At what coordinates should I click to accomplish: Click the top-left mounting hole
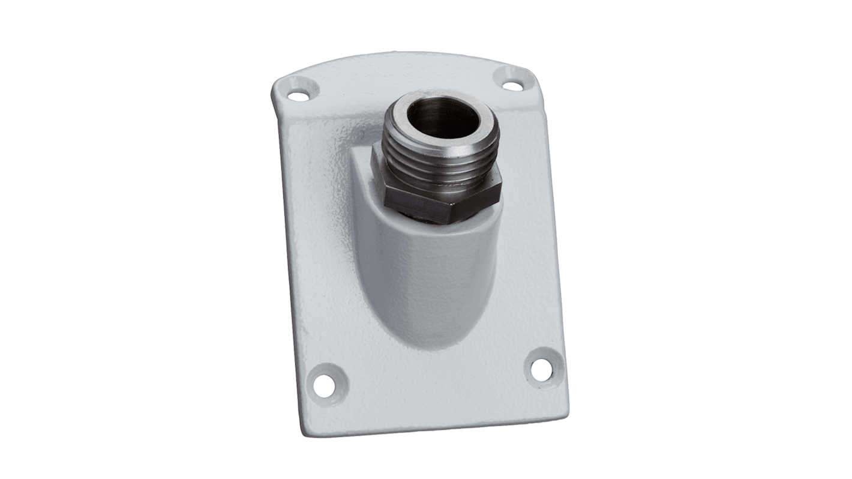[297, 94]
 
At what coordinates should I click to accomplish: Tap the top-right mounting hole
[512, 86]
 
